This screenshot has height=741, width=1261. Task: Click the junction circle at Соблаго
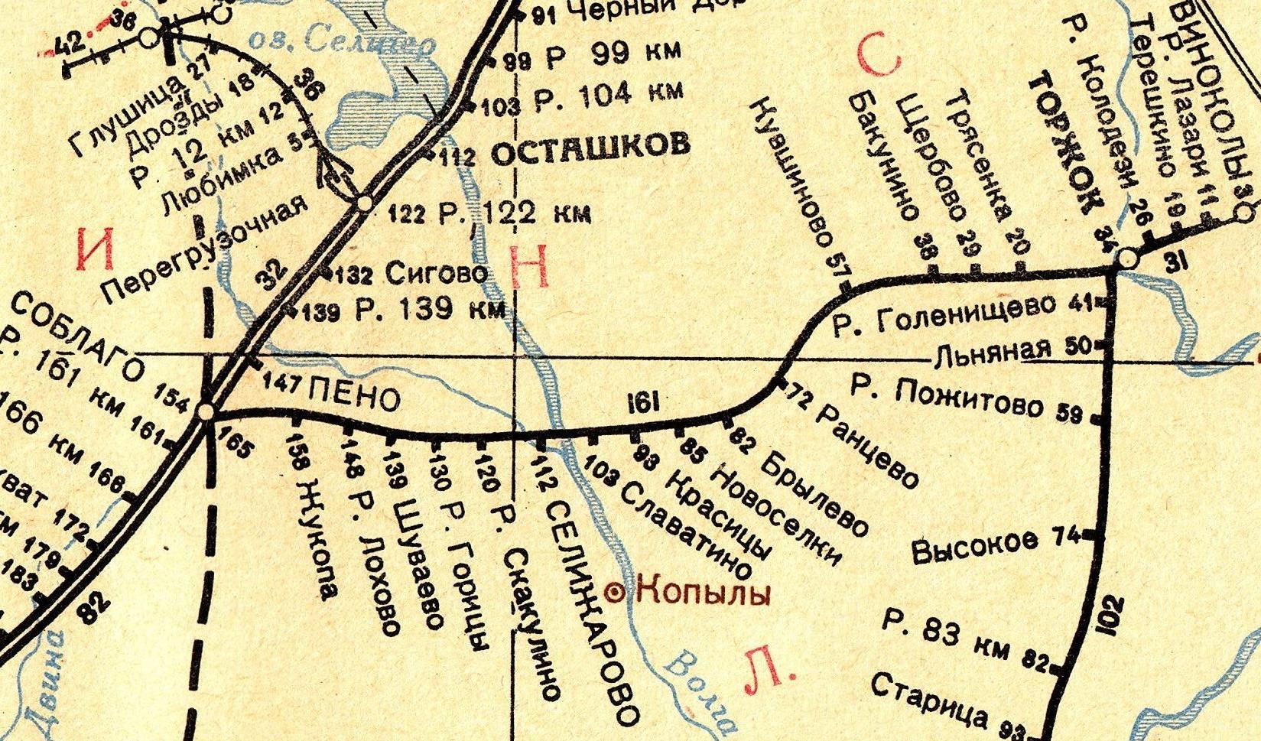[x=205, y=412]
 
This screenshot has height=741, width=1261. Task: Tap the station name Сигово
[x=437, y=273]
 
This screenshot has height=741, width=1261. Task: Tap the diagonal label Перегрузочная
[x=206, y=246]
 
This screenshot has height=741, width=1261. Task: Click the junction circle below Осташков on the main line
[x=365, y=203]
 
